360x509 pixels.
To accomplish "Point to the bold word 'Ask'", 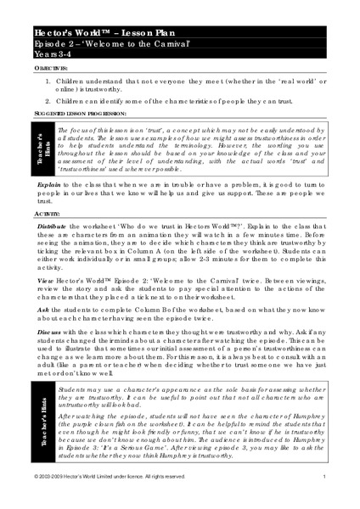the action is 43,313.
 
